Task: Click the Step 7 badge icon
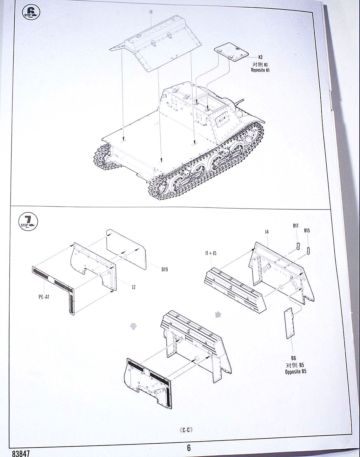point(28,222)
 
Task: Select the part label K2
point(260,57)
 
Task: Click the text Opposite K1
point(260,70)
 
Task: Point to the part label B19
point(164,269)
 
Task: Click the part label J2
point(134,287)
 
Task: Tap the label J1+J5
point(210,253)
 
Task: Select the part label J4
point(267,232)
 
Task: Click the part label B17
point(295,226)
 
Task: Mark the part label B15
point(307,231)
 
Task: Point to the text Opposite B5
point(296,372)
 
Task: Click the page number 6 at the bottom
point(189,448)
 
